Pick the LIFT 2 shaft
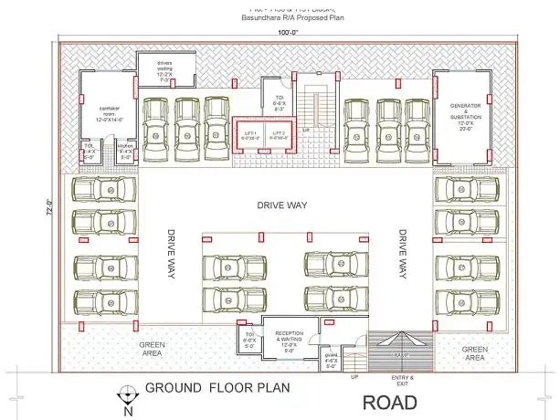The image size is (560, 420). (x=279, y=133)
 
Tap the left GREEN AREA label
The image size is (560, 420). (x=152, y=349)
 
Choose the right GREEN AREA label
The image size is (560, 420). (x=474, y=352)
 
